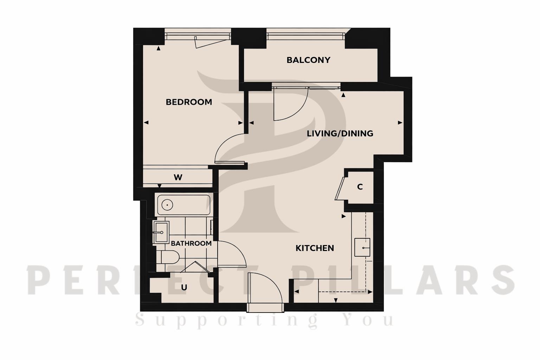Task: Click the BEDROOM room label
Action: (189, 102)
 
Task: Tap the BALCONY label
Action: (308, 60)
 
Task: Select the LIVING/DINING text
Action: (340, 134)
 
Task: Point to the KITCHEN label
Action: (315, 248)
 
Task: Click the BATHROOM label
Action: (191, 243)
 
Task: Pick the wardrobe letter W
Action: (178, 178)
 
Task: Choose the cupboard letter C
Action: (360, 187)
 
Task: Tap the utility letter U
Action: (184, 288)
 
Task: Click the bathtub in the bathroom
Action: (183, 205)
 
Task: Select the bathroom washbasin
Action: (161, 232)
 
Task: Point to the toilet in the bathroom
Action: (169, 257)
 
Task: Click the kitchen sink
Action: (362, 247)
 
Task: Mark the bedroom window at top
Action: (198, 36)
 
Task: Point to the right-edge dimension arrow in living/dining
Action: (400, 123)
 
